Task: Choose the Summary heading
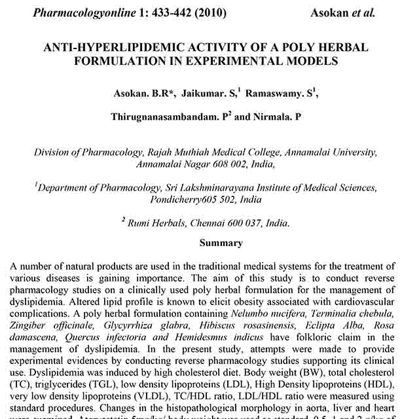tap(221, 243)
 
